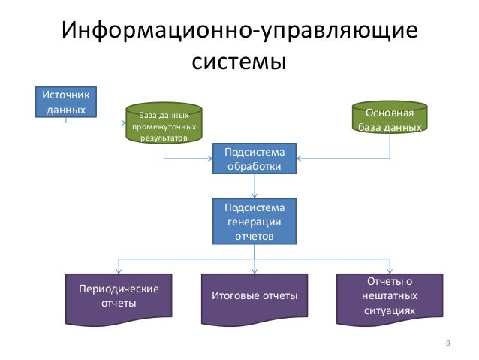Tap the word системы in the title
point(239,60)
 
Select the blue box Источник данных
point(66,103)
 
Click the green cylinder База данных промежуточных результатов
point(165,122)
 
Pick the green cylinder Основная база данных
point(390,119)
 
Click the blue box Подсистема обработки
point(254,159)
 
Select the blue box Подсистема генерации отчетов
point(254,222)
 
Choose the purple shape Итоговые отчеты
point(254,296)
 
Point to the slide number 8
point(447,343)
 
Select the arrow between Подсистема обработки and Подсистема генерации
point(254,187)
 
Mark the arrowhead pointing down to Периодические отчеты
point(119,271)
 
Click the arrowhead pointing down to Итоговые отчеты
point(254,271)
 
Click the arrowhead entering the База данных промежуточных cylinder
point(128,123)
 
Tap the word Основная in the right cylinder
point(390,113)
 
